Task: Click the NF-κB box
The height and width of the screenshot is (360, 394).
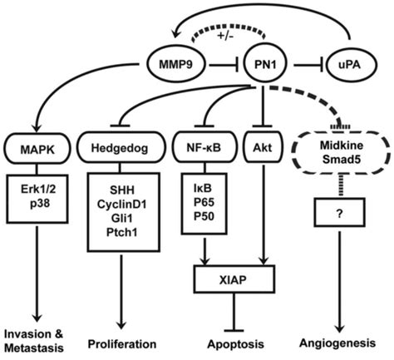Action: [x=204, y=150]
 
